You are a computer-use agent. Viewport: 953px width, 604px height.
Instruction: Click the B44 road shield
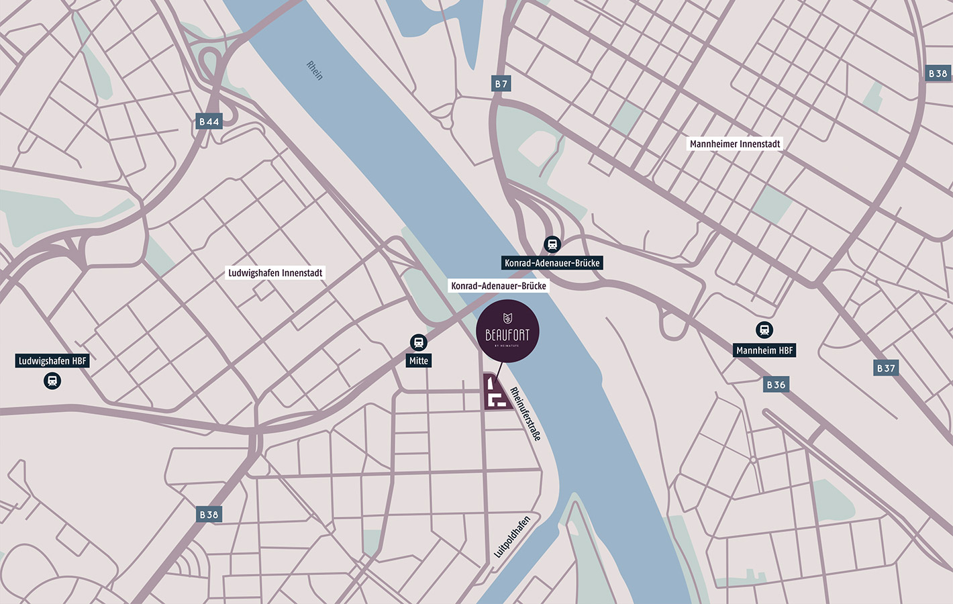pos(209,121)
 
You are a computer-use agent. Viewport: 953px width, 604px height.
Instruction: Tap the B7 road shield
pos(501,83)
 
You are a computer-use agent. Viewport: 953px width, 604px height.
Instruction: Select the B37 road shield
pos(886,368)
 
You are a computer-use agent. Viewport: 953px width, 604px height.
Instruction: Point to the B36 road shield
pos(776,385)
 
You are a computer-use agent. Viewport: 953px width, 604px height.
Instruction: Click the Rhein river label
pos(314,70)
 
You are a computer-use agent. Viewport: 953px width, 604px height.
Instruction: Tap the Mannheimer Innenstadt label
pos(735,144)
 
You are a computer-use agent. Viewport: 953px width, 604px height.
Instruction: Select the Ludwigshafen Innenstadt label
pos(275,272)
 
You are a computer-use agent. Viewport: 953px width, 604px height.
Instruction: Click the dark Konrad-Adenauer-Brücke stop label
pos(552,263)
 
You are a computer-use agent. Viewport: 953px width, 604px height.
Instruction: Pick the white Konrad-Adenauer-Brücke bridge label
pos(498,286)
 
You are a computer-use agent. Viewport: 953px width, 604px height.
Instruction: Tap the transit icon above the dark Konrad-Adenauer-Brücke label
pos(552,244)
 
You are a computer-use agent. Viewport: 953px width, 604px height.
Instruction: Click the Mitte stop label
pos(419,360)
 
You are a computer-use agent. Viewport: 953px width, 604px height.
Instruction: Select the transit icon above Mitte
pos(419,343)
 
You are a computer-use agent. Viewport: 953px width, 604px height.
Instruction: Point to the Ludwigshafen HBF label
pos(52,361)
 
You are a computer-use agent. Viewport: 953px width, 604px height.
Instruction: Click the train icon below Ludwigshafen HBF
pos(52,381)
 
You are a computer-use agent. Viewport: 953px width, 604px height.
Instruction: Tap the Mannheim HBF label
pos(764,350)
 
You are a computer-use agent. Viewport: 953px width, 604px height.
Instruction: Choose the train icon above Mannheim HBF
pos(764,330)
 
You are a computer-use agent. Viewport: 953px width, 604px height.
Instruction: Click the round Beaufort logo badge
pos(507,332)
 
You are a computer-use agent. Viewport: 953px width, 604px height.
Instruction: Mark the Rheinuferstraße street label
pos(525,413)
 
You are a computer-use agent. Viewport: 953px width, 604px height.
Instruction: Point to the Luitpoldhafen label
pos(512,536)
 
